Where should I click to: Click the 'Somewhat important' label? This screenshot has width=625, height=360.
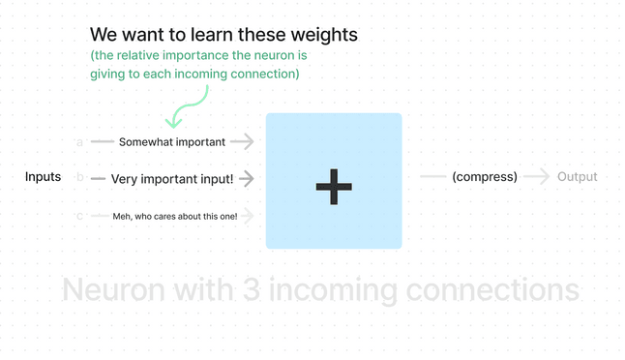click(x=172, y=142)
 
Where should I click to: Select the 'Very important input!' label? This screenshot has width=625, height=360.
click(x=172, y=178)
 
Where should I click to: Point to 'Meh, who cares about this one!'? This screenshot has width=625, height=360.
click(x=175, y=216)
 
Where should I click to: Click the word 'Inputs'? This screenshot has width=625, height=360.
click(x=44, y=177)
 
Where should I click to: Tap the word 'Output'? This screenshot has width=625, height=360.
click(x=577, y=177)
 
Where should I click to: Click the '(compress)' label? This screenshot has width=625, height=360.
click(x=485, y=177)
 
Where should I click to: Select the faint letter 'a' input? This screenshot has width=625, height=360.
click(x=79, y=143)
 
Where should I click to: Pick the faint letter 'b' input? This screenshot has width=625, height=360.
click(x=79, y=179)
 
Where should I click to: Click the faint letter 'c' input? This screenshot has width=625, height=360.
click(x=79, y=216)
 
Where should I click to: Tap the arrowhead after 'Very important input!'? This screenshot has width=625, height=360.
click(x=248, y=178)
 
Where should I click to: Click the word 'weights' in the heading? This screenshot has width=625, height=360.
click(x=323, y=35)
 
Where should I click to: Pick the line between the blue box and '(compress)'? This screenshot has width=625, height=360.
click(x=432, y=177)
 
